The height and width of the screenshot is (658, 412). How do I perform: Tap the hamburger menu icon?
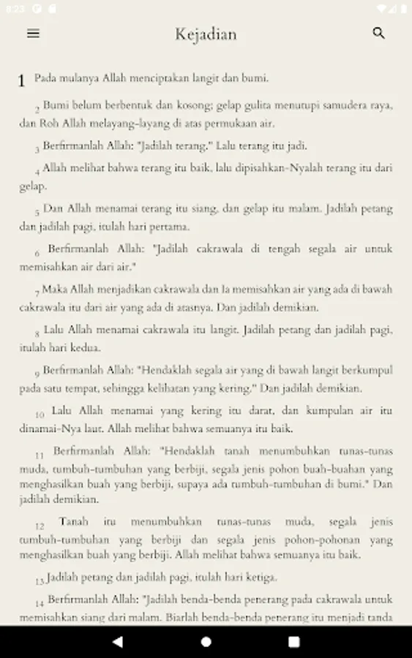coord(33,33)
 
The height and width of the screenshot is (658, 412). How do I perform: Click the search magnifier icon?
coord(378,33)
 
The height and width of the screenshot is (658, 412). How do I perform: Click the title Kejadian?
coord(206,34)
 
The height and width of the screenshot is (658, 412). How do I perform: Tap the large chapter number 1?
coord(22,80)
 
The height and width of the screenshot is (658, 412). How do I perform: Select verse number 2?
coord(37,109)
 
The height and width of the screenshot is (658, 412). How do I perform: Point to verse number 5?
coord(37,213)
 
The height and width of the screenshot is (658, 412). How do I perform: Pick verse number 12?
coord(40,526)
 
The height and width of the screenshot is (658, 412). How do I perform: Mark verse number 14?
coord(40,604)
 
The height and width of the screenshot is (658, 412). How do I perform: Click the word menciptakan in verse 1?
coord(175,77)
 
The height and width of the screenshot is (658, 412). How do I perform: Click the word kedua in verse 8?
coord(86,347)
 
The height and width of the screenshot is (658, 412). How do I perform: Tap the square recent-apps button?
coord(294,641)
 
